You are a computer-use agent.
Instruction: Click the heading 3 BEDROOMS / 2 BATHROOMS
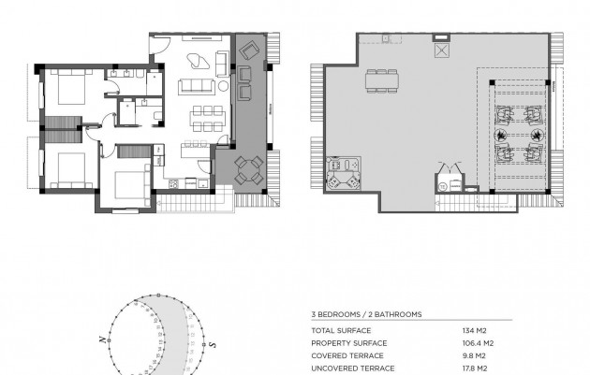point(365,315)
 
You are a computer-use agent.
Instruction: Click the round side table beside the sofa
point(225,87)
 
